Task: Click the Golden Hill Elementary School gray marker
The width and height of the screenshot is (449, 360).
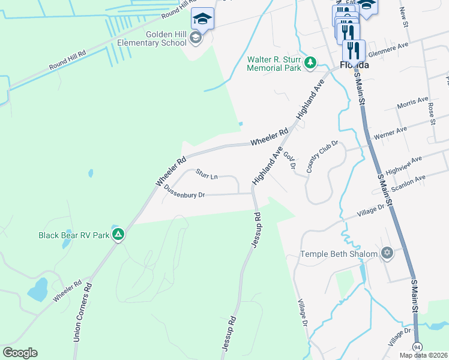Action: click(x=195, y=38)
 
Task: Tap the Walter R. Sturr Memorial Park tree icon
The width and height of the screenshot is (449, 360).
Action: click(x=310, y=62)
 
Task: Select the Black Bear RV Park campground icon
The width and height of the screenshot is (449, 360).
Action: click(x=119, y=235)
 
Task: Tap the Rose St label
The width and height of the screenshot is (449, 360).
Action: click(x=431, y=113)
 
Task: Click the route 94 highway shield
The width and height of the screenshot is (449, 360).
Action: click(x=417, y=347)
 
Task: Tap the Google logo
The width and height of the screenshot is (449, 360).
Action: click(x=20, y=352)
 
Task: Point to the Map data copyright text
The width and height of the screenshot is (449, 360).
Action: click(x=423, y=355)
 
